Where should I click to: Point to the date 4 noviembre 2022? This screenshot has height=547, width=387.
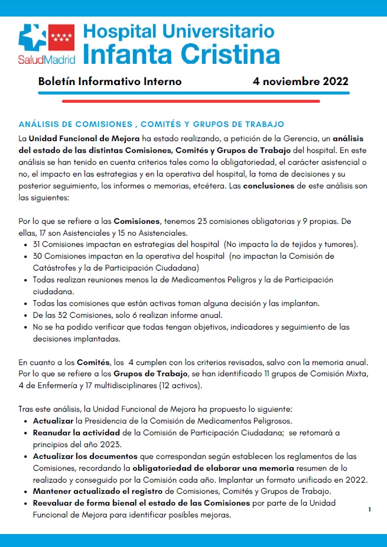pyautogui.click(x=300, y=82)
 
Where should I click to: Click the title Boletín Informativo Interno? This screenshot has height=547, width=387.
pyautogui.click(x=110, y=82)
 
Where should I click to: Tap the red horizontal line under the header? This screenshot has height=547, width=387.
pyautogui.click(x=191, y=101)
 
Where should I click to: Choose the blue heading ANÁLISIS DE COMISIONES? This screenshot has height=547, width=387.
pyautogui.click(x=151, y=124)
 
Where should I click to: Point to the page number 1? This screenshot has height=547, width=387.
pyautogui.click(x=369, y=509)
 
